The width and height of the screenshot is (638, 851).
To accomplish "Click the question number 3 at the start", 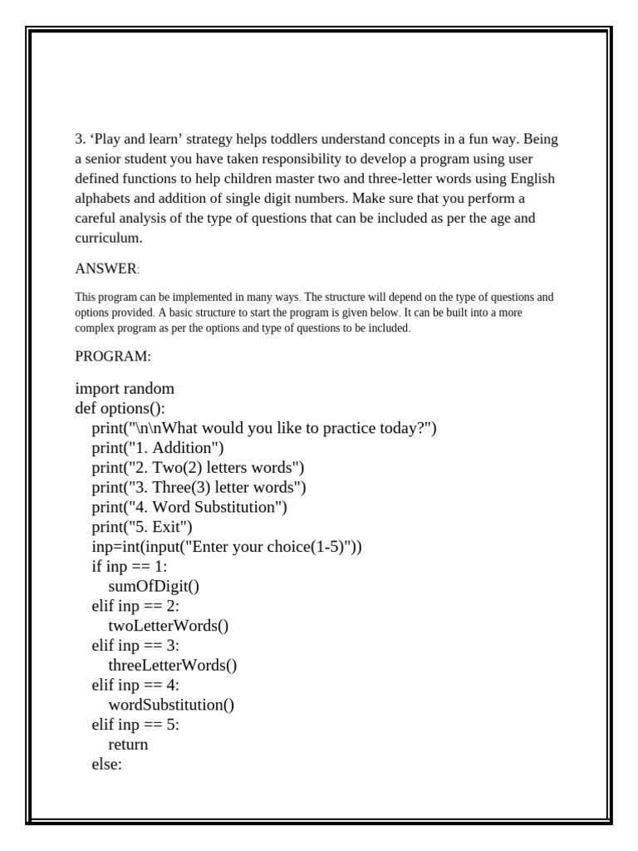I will coord(79,139).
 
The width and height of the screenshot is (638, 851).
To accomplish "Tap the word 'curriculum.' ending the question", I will coord(109,239).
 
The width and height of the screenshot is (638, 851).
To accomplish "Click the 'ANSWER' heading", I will coord(106,269).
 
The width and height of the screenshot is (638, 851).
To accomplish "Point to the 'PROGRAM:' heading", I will coord(113,357).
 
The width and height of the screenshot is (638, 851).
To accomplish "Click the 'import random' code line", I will coord(125,389).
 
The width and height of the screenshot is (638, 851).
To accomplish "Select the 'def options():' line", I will coord(120,408).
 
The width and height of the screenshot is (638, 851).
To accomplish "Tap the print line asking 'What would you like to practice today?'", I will coord(264,428).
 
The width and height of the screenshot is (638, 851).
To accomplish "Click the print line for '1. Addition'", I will coord(158,448).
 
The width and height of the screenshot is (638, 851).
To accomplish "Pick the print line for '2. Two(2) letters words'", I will coord(198,468).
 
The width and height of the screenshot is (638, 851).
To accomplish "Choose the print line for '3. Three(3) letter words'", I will coord(199,487).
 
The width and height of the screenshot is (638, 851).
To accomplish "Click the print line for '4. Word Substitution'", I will coord(189,507).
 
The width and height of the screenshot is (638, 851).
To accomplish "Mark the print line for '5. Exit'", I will coord(142,527).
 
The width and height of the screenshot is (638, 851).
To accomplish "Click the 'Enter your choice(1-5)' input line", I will coord(227,547).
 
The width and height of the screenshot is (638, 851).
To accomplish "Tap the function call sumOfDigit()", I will coord(154,587).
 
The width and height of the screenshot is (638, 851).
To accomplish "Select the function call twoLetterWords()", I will coord(168,626).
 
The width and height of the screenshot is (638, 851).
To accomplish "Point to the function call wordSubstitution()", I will coord(171,705).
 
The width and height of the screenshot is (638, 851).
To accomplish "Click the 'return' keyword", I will coord(128,745).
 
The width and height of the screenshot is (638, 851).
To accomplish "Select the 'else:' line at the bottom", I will coord(106,765).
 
